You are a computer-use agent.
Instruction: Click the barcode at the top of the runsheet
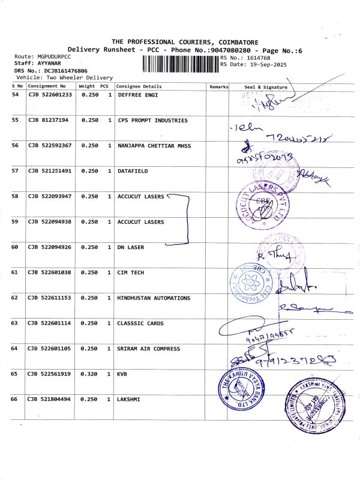tap(181, 63)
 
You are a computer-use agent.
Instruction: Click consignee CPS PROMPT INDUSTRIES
tap(152, 121)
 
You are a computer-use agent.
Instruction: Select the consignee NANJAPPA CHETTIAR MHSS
tap(154, 146)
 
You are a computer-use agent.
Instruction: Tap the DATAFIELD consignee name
tap(133, 171)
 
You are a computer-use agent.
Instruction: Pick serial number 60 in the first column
tap(15, 247)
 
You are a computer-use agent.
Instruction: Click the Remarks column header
tap(218, 86)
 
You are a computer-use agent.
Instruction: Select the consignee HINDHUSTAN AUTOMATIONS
tap(154, 298)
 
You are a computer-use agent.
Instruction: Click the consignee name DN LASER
tap(131, 247)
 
